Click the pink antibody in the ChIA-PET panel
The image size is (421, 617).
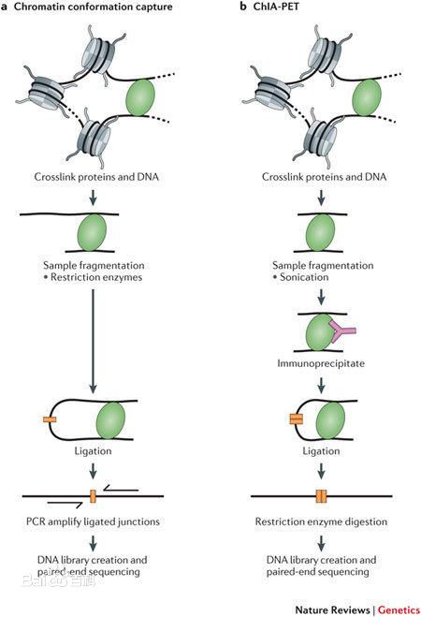click(341, 331)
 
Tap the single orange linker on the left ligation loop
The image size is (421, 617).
click(50, 419)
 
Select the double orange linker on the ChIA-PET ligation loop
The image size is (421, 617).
click(296, 419)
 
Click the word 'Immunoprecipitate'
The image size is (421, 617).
click(321, 362)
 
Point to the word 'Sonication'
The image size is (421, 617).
click(304, 277)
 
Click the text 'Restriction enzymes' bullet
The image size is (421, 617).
click(93, 277)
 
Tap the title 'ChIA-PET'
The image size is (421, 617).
click(276, 7)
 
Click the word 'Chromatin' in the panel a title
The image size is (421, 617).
click(35, 7)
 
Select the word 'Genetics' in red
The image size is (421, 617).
click(399, 610)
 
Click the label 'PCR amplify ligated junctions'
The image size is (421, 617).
click(93, 522)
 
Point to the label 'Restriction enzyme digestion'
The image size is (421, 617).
click(321, 522)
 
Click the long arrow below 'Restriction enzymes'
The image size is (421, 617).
click(93, 341)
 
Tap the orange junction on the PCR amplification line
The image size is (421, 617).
click(93, 496)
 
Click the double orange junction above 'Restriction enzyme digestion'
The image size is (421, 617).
click(321, 496)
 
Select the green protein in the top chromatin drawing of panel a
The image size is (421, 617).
click(140, 97)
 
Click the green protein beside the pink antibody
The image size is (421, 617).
click(320, 332)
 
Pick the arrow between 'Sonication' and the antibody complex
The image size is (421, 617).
click(321, 297)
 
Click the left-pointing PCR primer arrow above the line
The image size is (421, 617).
click(121, 489)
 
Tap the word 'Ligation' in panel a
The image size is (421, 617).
click(94, 451)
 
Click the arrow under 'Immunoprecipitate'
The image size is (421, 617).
click(321, 386)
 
